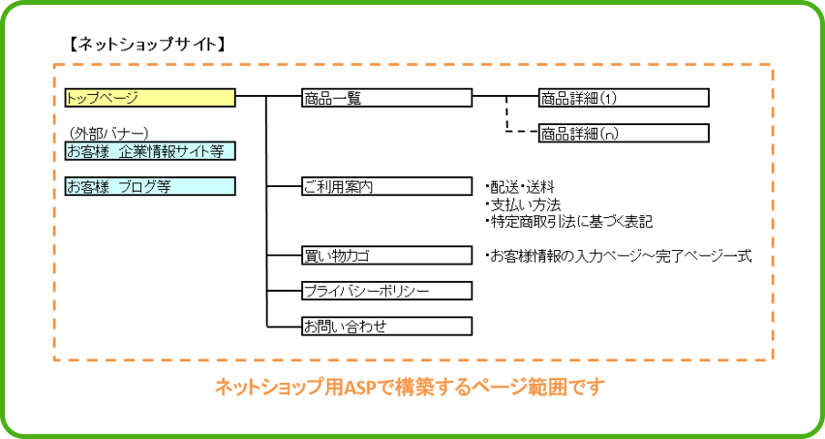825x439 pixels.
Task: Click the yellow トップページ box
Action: click(150, 98)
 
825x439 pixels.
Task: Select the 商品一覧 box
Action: click(386, 98)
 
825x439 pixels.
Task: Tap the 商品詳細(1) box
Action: click(624, 98)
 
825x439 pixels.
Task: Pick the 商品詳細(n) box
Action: click(624, 133)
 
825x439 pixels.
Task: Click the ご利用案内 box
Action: click(386, 186)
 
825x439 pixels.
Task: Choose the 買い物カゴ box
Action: click(386, 256)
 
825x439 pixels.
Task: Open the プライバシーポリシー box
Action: click(386, 291)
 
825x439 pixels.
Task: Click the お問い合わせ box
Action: click(386, 326)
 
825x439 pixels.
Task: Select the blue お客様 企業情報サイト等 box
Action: click(150, 151)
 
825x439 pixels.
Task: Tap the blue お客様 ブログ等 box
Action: click(150, 186)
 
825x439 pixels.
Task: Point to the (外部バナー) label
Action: click(108, 133)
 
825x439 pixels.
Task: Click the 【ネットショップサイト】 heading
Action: click(147, 45)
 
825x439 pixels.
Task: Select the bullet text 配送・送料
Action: click(520, 187)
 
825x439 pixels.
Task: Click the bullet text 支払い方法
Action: click(523, 204)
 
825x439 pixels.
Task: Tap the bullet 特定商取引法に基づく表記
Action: click(568, 222)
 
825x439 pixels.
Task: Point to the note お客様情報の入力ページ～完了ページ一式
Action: click(618, 257)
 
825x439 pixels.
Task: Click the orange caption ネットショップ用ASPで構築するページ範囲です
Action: click(410, 388)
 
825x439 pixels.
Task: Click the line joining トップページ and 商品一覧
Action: click(268, 97)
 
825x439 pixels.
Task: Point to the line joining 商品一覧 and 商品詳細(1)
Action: click(505, 97)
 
